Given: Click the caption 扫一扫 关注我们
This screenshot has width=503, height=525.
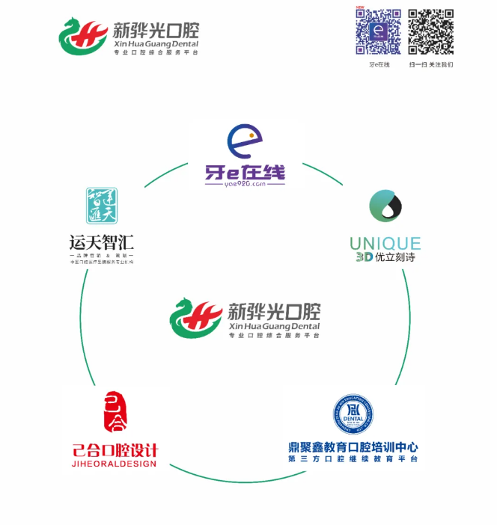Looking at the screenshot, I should pos(431,65).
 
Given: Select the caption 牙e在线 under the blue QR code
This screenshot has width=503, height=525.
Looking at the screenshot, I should pos(379,65).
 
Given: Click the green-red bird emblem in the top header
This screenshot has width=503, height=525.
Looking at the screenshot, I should pos(82,35).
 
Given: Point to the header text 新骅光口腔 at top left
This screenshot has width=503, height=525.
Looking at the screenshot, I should pos(156,31).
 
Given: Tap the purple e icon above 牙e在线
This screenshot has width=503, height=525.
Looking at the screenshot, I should pos(245,141).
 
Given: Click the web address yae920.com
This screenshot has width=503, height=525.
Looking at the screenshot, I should pos(244,182).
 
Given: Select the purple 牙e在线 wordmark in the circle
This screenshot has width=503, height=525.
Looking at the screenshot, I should pos(245,171).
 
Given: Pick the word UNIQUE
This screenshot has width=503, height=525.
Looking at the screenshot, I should pos(385,243).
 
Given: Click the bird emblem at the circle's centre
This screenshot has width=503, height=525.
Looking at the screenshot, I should pos(195,317).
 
